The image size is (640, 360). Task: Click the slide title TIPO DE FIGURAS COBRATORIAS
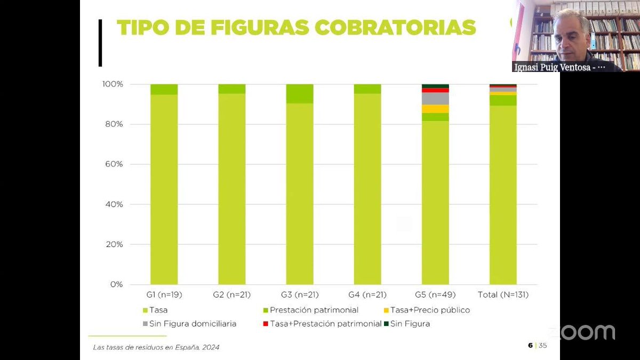(296, 27)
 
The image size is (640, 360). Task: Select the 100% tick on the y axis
(113, 84)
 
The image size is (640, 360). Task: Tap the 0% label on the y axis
(116, 284)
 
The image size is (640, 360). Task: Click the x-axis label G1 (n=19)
(164, 294)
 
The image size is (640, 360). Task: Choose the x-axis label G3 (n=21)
(299, 294)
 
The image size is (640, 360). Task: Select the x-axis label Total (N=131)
(503, 294)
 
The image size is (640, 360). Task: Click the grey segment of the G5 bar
(435, 98)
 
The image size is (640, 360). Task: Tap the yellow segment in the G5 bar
(435, 109)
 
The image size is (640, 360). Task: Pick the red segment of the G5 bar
(435, 90)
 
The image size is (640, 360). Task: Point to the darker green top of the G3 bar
(300, 93)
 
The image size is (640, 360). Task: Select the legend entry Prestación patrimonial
(314, 310)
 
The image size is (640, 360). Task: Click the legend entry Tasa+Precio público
(430, 310)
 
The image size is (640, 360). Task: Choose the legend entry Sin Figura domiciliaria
(193, 324)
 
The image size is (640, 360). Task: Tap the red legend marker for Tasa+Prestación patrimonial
(265, 324)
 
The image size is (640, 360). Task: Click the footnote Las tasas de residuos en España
(156, 347)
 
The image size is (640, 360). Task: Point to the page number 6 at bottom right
(530, 346)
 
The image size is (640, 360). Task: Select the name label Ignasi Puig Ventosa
(558, 67)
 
